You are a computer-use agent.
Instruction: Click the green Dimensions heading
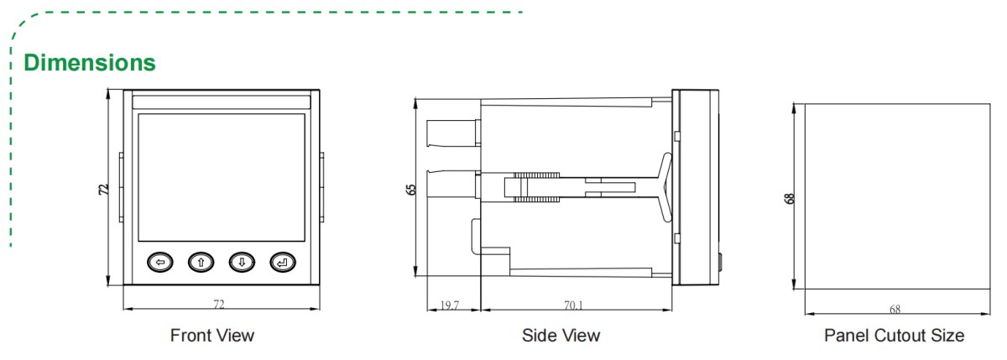point(90,62)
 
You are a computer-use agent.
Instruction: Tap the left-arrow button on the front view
point(160,263)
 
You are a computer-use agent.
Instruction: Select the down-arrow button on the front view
point(241,263)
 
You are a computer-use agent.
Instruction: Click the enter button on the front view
point(282,263)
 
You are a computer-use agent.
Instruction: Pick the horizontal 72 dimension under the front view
point(220,302)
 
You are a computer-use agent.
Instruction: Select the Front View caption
point(212,336)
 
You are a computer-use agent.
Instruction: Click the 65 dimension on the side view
point(411,188)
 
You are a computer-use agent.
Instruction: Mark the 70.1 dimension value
point(574,306)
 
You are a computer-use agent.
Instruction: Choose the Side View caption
point(561,336)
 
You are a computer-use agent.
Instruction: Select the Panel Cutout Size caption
point(894,336)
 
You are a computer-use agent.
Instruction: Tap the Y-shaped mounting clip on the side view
point(664,188)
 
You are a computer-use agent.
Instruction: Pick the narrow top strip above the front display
point(221,102)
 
